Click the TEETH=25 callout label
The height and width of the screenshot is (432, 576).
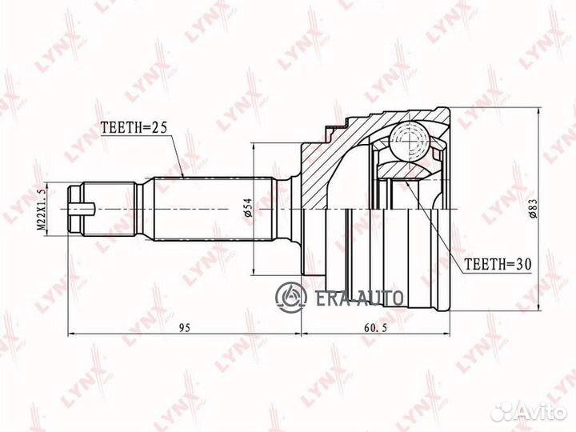134,127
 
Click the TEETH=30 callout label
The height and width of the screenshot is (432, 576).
498,264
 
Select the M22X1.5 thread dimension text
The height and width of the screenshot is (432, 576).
42,210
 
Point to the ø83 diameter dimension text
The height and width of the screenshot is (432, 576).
533,208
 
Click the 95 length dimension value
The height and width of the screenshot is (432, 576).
185,328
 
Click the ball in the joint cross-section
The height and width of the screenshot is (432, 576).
410,141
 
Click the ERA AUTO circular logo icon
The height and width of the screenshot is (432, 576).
291,297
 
